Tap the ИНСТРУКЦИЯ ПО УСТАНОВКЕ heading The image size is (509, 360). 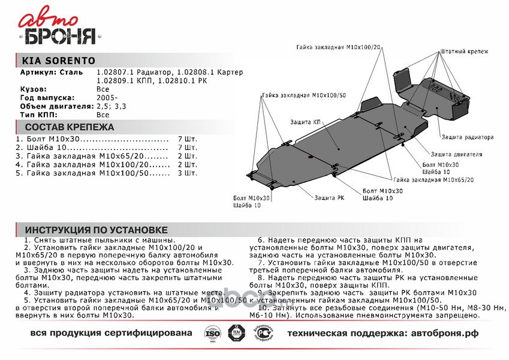(x=96, y=230)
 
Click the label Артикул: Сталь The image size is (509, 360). (x=48, y=72)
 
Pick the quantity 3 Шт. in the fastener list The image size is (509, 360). (x=188, y=173)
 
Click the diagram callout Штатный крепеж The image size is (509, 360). (x=464, y=52)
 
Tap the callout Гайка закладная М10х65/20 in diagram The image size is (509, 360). (x=433, y=179)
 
